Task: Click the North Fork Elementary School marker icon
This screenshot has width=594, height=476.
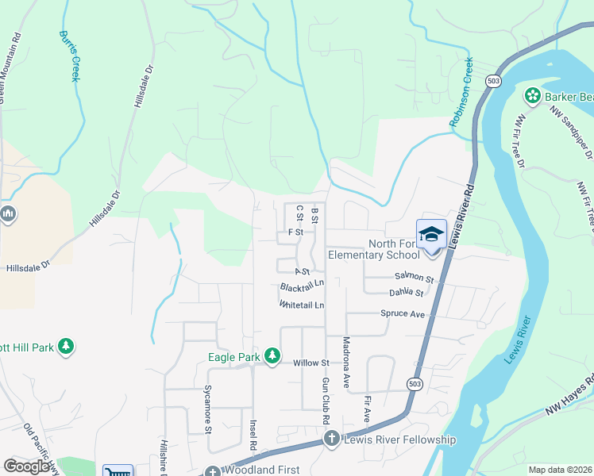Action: point(431,234)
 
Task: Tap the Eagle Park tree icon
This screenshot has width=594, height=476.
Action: point(272,356)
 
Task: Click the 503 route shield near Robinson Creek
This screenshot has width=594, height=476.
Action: point(494,82)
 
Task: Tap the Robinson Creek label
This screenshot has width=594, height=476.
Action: point(461,91)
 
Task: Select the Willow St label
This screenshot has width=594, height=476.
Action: point(310,363)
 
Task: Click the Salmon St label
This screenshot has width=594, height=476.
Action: point(414,278)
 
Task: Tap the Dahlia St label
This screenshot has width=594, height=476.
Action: point(407,292)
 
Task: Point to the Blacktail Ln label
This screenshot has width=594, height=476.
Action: point(302,286)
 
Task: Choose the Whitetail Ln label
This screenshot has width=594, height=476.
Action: point(302,304)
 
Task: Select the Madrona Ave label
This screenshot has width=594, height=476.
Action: point(346,362)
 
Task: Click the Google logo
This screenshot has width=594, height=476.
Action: point(27,466)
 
